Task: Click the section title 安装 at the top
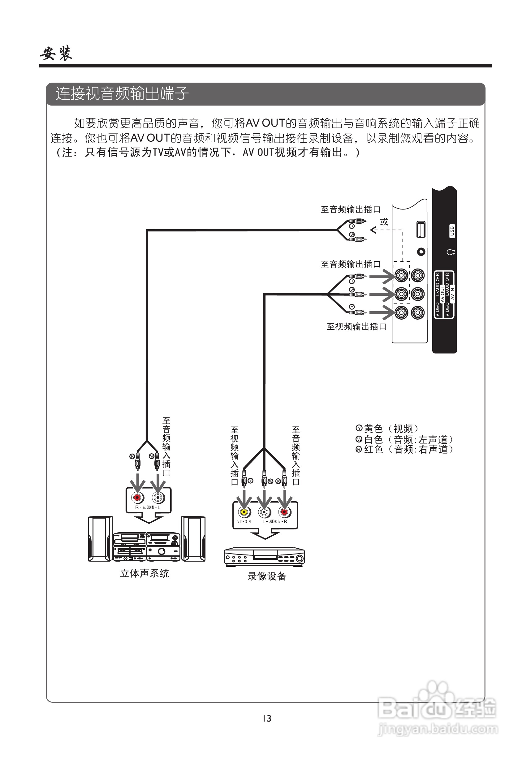click(56, 53)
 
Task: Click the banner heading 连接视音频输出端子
click(122, 93)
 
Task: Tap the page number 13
click(267, 718)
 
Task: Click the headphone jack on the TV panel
click(421, 252)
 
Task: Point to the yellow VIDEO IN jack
click(244, 512)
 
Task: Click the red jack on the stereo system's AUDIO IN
click(137, 498)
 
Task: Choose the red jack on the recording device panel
click(284, 512)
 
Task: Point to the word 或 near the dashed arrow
click(384, 222)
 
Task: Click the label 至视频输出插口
click(356, 327)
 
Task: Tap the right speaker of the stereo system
click(193, 539)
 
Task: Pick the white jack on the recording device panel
click(264, 512)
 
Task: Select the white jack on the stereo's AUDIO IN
click(158, 498)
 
